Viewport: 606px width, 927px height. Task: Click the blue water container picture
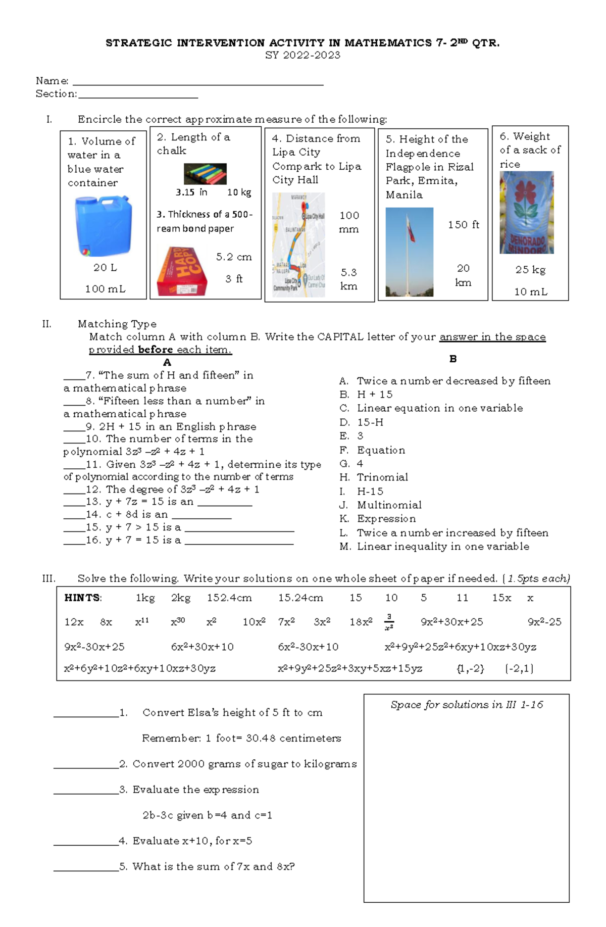103,226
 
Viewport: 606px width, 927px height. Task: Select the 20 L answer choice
105,268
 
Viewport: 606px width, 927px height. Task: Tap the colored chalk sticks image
205,174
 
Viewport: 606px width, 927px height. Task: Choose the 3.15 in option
191,192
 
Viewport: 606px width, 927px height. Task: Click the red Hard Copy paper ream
182,271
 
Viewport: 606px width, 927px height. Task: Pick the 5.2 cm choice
234,257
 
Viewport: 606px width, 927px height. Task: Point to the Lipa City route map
298,245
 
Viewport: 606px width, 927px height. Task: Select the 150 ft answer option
463,225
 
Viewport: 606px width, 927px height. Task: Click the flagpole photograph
409,252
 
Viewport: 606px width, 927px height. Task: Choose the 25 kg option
530,270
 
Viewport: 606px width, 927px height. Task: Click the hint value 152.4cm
229,598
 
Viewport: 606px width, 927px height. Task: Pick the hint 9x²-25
544,622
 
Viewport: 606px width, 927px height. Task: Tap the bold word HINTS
83,598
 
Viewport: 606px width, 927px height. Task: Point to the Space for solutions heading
467,705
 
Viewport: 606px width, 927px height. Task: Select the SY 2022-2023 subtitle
302,56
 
